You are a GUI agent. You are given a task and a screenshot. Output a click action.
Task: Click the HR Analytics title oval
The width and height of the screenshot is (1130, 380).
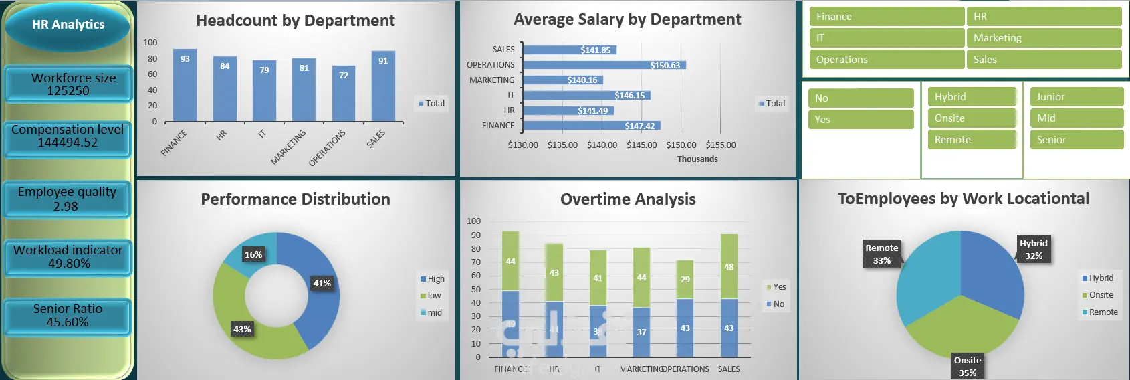[x=68, y=25]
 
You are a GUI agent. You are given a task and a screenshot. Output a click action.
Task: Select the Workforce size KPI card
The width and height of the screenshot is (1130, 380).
[x=68, y=84]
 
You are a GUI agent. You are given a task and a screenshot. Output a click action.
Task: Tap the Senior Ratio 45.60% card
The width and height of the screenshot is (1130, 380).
[x=68, y=316]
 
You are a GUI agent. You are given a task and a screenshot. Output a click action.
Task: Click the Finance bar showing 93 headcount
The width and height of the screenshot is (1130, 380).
[x=185, y=86]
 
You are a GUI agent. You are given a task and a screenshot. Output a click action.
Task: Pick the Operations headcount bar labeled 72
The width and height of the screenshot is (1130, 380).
[x=344, y=94]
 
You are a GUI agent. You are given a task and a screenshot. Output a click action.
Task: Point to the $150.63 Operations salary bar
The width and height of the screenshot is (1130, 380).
[x=604, y=65]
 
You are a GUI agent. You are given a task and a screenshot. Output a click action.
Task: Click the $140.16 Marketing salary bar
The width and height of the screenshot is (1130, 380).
[x=563, y=80]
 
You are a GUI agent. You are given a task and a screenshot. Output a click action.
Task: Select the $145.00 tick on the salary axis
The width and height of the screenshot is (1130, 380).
[x=641, y=145]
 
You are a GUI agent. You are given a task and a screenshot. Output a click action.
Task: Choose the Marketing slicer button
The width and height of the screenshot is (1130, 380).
[x=1043, y=38]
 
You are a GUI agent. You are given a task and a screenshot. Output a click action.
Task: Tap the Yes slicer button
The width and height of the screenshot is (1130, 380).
[x=861, y=120]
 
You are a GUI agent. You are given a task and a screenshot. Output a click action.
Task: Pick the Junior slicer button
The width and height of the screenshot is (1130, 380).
[x=1076, y=97]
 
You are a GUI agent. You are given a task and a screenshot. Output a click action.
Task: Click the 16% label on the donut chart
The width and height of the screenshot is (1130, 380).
[x=253, y=254]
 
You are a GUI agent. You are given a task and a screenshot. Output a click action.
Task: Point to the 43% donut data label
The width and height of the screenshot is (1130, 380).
[x=242, y=329]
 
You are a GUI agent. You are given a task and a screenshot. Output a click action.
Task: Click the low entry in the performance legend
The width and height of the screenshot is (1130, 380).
[x=431, y=296]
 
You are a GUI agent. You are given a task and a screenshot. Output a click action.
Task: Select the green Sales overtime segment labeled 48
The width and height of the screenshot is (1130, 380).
[x=729, y=266]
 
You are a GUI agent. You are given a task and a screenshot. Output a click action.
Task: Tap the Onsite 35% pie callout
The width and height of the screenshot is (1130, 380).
[x=968, y=367]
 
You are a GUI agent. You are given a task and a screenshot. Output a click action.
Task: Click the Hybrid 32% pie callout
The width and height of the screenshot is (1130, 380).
[x=1034, y=250]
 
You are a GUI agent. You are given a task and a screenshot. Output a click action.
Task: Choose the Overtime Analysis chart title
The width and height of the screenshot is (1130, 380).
[x=628, y=199]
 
